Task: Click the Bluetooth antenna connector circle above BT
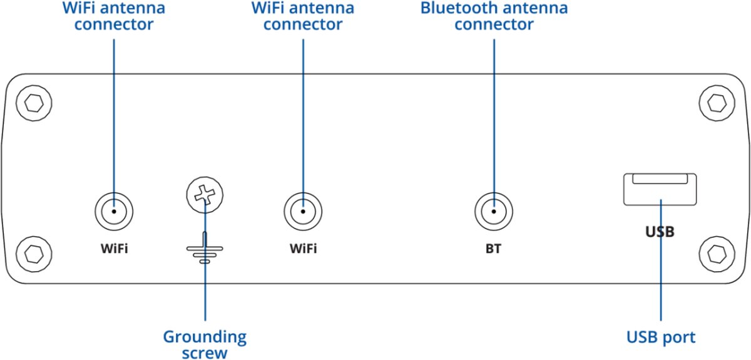click(494, 211)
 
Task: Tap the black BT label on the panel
click(493, 249)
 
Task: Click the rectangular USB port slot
click(660, 189)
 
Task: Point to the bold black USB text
click(660, 232)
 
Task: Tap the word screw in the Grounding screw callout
click(205, 352)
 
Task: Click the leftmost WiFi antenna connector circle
click(114, 211)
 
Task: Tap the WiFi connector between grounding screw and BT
click(304, 211)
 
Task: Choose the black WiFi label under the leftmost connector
click(114, 249)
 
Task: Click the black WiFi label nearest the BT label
click(304, 249)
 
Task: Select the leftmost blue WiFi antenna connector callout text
click(114, 16)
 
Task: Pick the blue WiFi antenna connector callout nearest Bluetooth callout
click(303, 16)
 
